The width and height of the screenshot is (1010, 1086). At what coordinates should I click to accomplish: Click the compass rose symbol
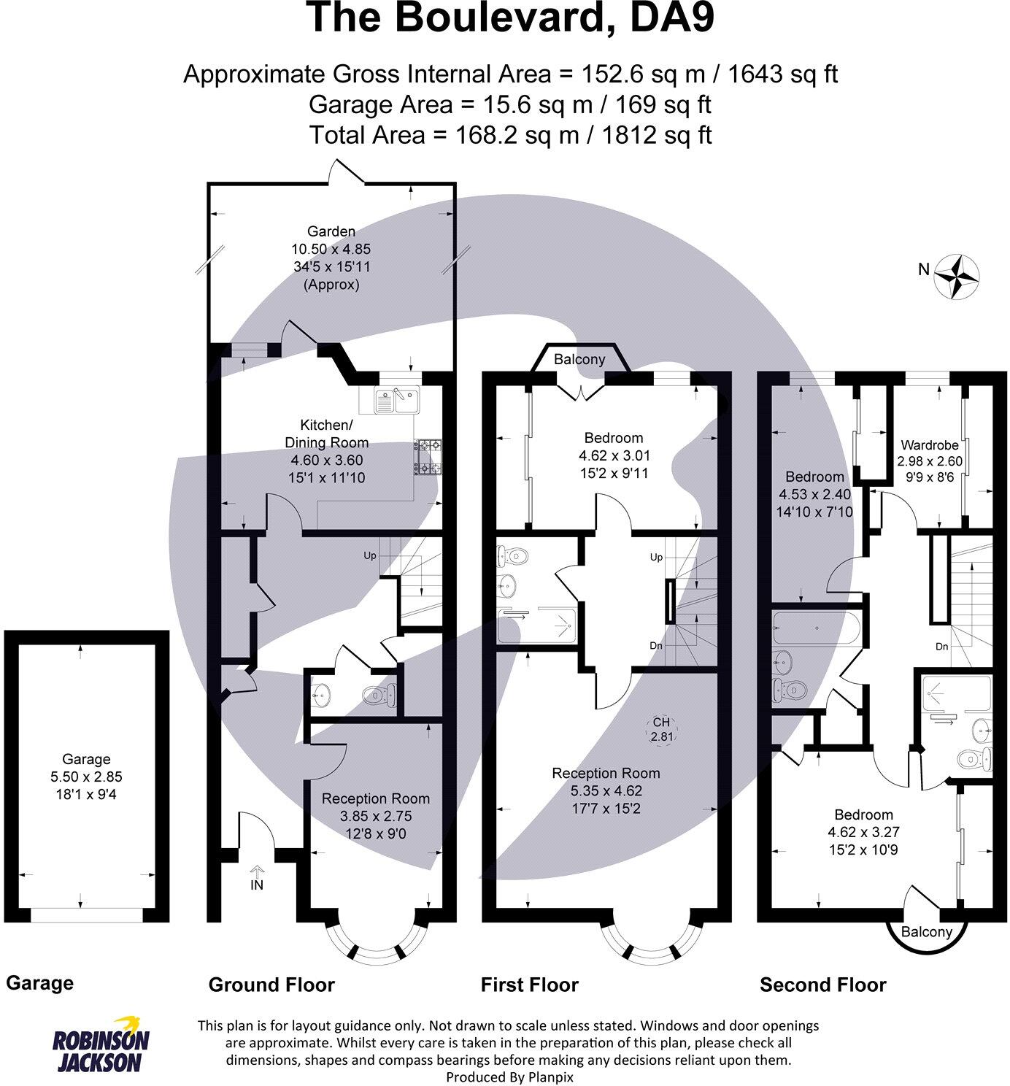957,276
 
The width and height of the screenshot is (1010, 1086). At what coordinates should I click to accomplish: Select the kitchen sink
396,400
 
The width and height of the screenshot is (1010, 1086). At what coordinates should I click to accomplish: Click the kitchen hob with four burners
428,457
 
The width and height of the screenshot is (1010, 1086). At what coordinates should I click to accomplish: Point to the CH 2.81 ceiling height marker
662,729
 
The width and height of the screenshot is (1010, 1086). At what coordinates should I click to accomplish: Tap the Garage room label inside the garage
86,759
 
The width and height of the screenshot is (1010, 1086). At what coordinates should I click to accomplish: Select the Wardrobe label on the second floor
930,445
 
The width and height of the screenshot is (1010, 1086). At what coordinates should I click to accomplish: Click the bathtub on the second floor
817,628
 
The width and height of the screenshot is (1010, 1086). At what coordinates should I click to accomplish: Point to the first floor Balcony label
579,359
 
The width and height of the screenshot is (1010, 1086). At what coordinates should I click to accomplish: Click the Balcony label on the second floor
927,932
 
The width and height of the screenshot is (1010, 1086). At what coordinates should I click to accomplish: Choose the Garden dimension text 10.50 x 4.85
331,250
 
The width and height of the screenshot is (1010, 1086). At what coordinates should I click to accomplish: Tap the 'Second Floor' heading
823,985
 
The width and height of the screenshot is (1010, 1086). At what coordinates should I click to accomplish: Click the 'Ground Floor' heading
271,985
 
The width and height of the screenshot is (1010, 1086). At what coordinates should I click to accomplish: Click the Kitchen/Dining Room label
326,434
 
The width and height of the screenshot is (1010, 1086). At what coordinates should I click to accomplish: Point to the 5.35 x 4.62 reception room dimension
606,790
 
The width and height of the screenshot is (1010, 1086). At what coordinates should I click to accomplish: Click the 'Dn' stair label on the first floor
656,646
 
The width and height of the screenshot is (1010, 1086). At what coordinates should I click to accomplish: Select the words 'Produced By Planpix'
509,1077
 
